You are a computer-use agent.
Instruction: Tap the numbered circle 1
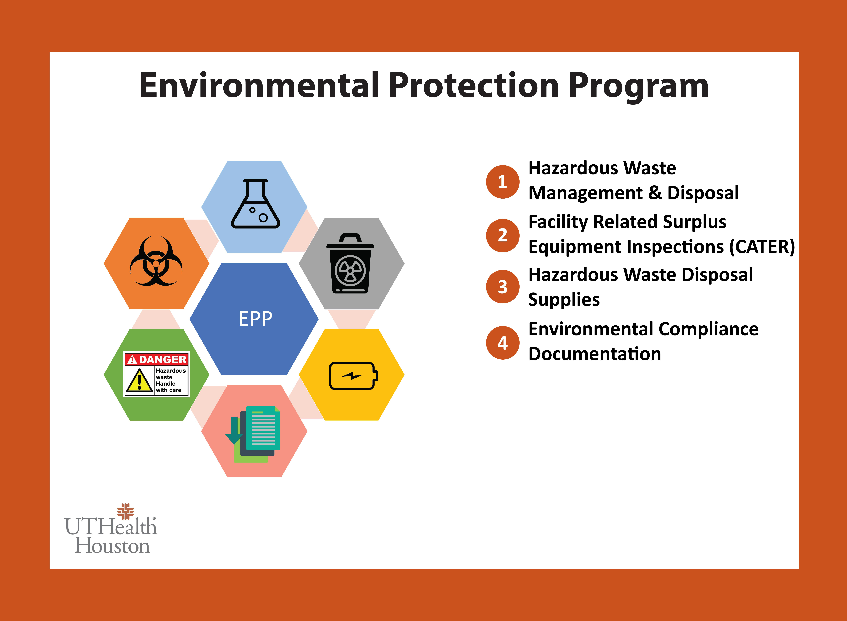502,182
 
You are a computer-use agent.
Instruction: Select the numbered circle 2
502,235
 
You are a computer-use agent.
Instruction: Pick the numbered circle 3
502,287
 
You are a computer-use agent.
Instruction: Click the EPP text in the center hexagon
255,319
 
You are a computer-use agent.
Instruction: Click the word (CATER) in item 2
762,247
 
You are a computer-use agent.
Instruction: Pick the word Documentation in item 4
595,354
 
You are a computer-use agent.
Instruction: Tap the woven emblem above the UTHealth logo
125,511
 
